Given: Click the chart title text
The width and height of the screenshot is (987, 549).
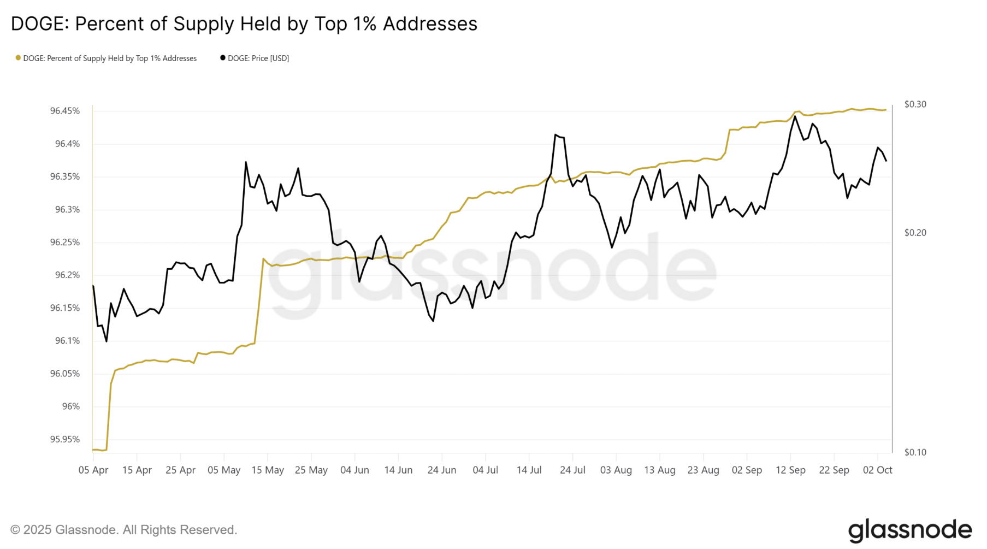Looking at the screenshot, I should pyautogui.click(x=244, y=24).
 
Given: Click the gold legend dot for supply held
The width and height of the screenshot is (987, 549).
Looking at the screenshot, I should pyautogui.click(x=18, y=58).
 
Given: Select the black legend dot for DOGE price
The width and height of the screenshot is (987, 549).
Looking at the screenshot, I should pyautogui.click(x=223, y=58).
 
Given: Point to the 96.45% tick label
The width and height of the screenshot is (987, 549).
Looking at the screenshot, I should pyautogui.click(x=65, y=111).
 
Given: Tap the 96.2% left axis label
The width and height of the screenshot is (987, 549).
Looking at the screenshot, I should pyautogui.click(x=67, y=275).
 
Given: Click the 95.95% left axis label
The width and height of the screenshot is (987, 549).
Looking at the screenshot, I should pyautogui.click(x=65, y=439).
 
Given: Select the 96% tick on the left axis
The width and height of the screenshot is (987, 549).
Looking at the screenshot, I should pyautogui.click(x=71, y=406).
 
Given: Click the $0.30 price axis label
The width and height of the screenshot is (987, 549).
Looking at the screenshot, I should pyautogui.click(x=915, y=104).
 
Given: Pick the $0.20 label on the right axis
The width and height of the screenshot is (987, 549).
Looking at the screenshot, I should pyautogui.click(x=915, y=233).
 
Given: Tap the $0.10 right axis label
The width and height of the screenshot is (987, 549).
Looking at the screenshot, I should pyautogui.click(x=915, y=452).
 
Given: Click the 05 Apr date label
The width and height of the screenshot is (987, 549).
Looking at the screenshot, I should pyautogui.click(x=93, y=470).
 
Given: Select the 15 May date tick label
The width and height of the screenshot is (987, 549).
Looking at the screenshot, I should pyautogui.click(x=268, y=470).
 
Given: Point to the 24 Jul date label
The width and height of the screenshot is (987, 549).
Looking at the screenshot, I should pyautogui.click(x=572, y=470).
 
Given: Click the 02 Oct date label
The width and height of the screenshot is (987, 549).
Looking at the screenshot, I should pyautogui.click(x=877, y=470).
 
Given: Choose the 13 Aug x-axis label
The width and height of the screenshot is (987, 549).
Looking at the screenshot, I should pyautogui.click(x=660, y=470).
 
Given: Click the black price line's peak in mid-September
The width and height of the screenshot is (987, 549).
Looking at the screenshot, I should pyautogui.click(x=795, y=116).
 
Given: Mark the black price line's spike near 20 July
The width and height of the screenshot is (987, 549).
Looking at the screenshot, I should pyautogui.click(x=555, y=134).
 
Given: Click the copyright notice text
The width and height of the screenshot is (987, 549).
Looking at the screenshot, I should pyautogui.click(x=124, y=530).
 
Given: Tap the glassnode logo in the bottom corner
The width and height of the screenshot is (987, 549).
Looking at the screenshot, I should pyautogui.click(x=910, y=530).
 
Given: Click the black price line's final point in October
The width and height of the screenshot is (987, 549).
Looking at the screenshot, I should pyautogui.click(x=886, y=161).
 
